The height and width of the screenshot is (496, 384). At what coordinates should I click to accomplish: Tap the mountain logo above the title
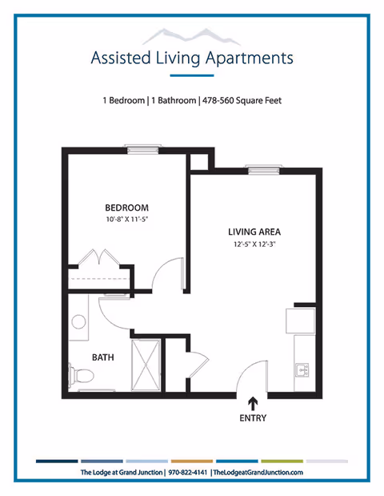(192, 34)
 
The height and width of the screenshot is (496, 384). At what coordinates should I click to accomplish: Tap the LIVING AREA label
(254, 232)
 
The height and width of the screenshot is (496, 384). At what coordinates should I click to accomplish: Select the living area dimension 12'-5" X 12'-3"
(254, 244)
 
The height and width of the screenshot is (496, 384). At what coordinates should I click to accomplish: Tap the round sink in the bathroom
(78, 322)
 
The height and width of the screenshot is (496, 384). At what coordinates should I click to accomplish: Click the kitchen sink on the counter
(302, 369)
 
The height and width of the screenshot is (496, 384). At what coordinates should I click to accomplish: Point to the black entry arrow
(254, 404)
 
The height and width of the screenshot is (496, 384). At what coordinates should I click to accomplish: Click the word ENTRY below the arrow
(254, 418)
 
